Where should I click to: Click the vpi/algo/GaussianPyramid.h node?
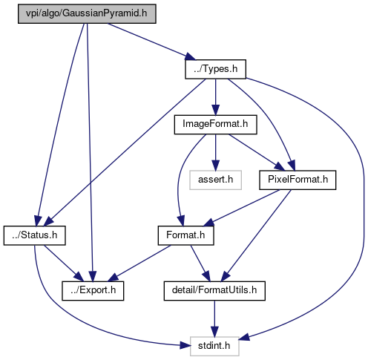(x=87, y=14)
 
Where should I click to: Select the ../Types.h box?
(x=215, y=69)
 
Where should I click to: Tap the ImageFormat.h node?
(x=215, y=125)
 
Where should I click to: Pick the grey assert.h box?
(x=215, y=180)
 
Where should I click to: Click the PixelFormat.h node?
(x=298, y=180)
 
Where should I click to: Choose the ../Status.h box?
(x=35, y=235)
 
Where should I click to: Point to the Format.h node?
(x=185, y=235)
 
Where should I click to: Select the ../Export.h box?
(x=93, y=291)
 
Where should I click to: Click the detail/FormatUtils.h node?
(x=214, y=291)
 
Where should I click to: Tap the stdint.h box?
(x=214, y=347)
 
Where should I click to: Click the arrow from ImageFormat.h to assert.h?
(x=215, y=152)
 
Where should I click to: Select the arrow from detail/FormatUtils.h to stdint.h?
(x=214, y=318)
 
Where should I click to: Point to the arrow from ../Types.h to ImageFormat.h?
(x=215, y=97)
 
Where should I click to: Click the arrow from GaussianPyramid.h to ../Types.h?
(x=151, y=42)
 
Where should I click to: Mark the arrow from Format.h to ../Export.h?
(x=139, y=264)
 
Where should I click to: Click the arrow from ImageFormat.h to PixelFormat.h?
(x=257, y=152)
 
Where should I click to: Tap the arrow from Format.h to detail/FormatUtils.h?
(x=200, y=264)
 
